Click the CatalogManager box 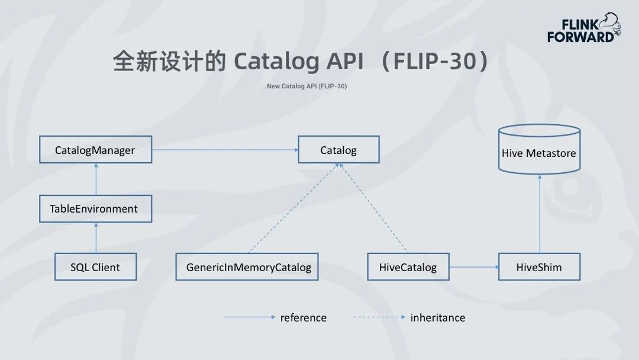point(95,150)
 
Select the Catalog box point(338,150)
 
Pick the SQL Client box point(95,267)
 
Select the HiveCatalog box point(408,267)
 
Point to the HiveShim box point(539,267)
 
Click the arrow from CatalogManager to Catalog point(225,150)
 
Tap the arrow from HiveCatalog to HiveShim point(473,267)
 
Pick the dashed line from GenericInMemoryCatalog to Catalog point(292,208)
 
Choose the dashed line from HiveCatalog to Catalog point(374,208)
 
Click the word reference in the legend point(303,317)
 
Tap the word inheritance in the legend point(437,317)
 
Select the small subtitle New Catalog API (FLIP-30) point(306,86)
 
